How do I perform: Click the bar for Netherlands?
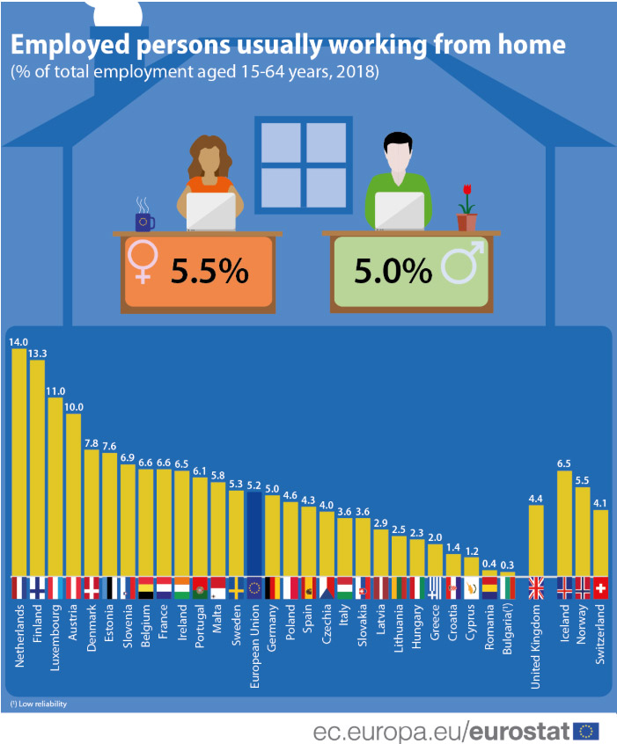click(19, 462)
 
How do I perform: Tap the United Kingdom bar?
click(536, 541)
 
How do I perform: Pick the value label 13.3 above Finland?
click(37, 354)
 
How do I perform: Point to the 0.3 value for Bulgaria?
click(508, 565)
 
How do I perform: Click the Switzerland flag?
click(601, 589)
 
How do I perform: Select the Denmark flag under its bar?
click(92, 589)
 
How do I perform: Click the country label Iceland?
click(566, 623)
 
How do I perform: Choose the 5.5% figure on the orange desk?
click(209, 272)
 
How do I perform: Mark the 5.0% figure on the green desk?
click(393, 272)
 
